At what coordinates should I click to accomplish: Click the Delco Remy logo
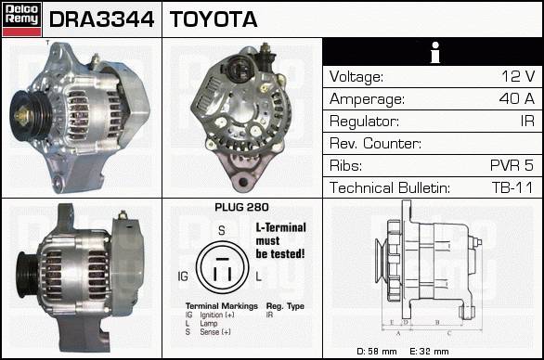pyautogui.click(x=21, y=19)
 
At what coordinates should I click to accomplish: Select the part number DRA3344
pyautogui.click(x=102, y=19)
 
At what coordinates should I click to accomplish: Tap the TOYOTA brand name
pyautogui.click(x=214, y=19)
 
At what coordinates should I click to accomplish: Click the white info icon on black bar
pyautogui.click(x=435, y=52)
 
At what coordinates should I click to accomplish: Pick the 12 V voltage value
pyautogui.click(x=518, y=76)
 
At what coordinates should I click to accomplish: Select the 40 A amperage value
pyautogui.click(x=516, y=98)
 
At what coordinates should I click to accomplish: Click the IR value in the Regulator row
pyautogui.click(x=527, y=121)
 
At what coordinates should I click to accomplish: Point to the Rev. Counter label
pyautogui.click(x=375, y=143)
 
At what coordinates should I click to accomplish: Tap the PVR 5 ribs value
pyautogui.click(x=512, y=165)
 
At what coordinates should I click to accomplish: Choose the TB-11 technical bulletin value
pyautogui.click(x=512, y=187)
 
